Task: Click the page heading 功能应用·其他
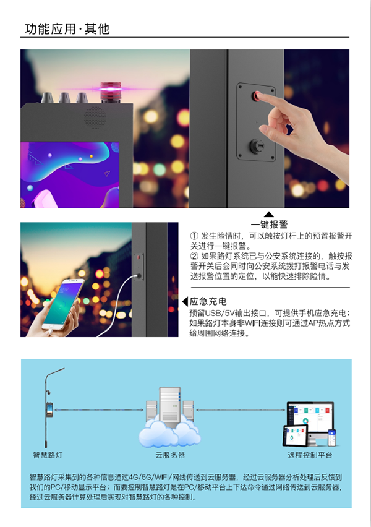click(x=67, y=28)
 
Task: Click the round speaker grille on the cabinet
click(x=95, y=116)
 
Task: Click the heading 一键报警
click(x=269, y=225)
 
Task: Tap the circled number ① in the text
click(x=194, y=236)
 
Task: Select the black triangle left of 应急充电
click(x=184, y=302)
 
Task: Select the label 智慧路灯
click(x=47, y=455)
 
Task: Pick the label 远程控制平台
click(x=310, y=455)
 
